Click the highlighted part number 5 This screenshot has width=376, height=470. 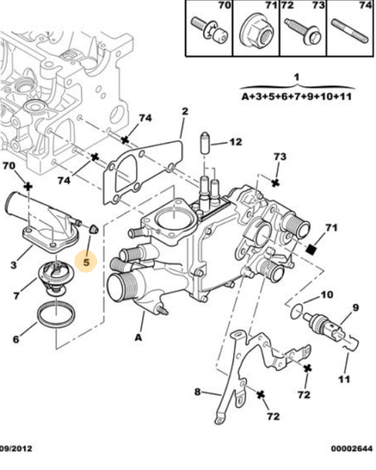click(x=86, y=263)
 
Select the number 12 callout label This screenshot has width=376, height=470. click(x=235, y=141)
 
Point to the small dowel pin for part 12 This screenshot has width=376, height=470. click(x=202, y=140)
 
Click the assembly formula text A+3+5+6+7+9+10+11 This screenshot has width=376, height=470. click(x=296, y=97)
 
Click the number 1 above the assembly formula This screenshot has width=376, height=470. click(x=296, y=77)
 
